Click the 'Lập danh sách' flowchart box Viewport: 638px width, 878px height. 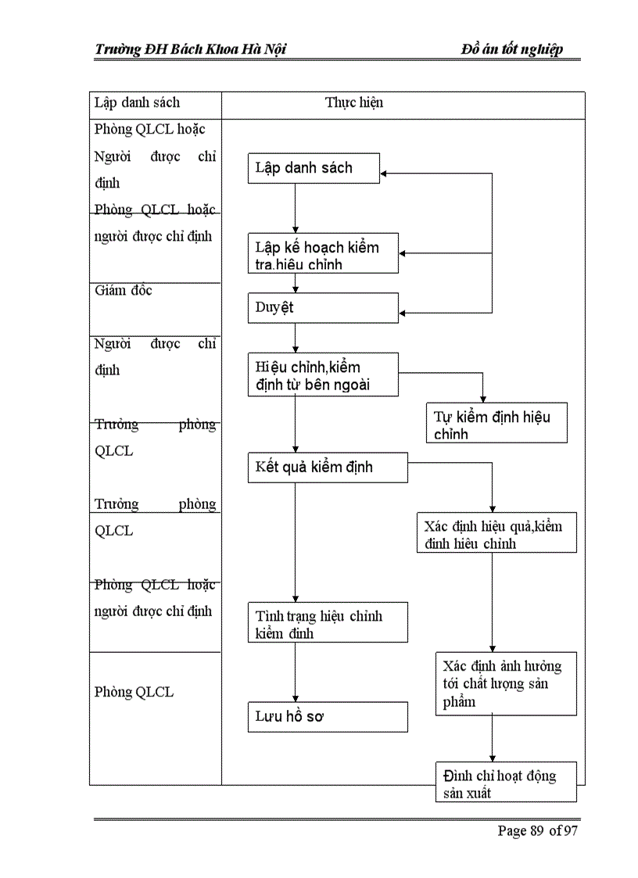314,168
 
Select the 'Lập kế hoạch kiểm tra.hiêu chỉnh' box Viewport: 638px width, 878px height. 323,254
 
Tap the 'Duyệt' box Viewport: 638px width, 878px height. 323,308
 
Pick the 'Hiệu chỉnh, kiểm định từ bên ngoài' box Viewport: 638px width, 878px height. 323,375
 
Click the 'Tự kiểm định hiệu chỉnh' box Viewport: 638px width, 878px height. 496,424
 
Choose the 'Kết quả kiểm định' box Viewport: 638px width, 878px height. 328,468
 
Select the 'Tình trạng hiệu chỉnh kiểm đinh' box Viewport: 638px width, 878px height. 328,623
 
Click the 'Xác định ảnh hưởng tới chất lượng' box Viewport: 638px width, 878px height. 506,683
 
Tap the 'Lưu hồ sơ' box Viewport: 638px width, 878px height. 328,716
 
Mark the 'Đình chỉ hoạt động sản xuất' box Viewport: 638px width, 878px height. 506,783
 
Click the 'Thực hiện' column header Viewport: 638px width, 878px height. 354,102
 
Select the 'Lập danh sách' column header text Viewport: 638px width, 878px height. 137,102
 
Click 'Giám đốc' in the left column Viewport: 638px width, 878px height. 123,291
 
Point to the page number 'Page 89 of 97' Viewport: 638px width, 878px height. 537,830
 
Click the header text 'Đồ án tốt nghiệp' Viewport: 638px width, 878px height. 511,50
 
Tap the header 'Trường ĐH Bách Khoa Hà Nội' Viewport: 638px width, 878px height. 190,50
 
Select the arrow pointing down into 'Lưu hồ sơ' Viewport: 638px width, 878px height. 295,697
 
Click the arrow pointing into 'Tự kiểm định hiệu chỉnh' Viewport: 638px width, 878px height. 482,398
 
